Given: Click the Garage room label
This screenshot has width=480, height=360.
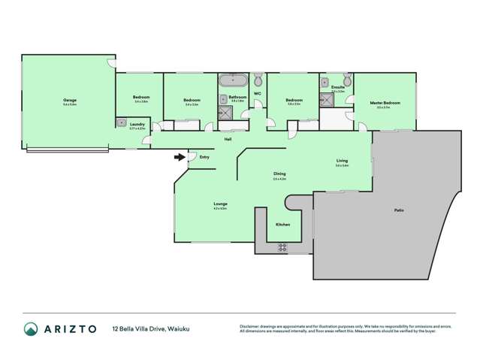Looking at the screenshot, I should pos(70,100).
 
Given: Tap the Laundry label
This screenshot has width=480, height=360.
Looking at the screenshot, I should pos(137,124).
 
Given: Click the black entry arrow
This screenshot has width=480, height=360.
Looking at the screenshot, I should pos(178,157).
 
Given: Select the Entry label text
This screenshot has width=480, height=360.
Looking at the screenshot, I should pos(204,157).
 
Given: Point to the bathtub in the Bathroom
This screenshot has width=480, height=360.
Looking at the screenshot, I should pos(234,79).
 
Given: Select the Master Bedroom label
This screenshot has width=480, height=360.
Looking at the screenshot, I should pos(385,102).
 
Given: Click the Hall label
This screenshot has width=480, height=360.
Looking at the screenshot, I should pos(228,139).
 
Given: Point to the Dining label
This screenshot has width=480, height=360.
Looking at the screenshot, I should pos(279,174).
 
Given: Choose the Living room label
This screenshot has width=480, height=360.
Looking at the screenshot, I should pos(342,161).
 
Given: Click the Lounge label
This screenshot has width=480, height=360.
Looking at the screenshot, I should pos(220,204).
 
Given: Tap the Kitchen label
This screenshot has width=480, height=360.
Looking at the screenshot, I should pos(282,225).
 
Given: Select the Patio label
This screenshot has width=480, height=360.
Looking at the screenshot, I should pos(399,210).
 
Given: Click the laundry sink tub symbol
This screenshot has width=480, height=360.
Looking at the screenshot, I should pos(121,123).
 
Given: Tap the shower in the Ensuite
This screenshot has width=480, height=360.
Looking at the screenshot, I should pos(328,99).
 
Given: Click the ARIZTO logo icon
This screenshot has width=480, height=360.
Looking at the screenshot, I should pos(29,328).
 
